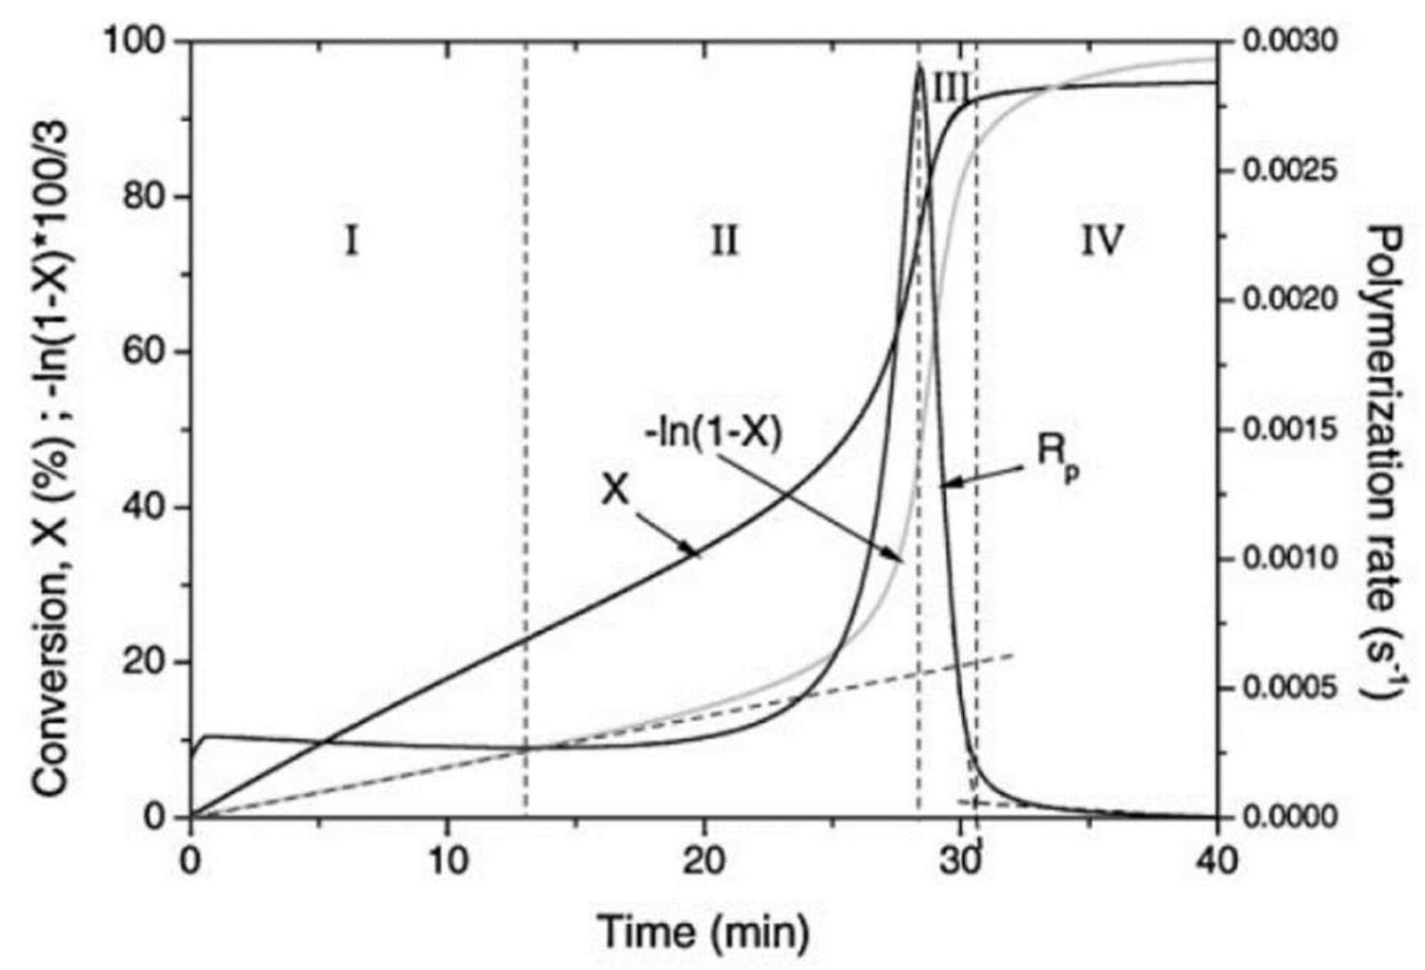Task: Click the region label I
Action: coord(351,242)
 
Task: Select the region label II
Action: coord(723,242)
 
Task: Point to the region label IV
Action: coord(1102,242)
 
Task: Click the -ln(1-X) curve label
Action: coord(713,434)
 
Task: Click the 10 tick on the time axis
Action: coord(447,859)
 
